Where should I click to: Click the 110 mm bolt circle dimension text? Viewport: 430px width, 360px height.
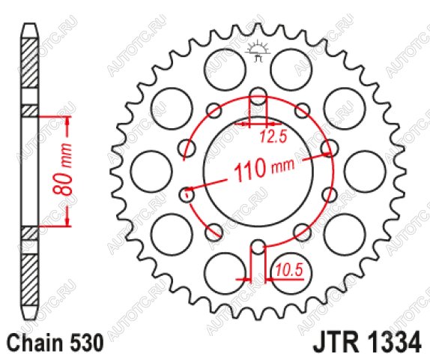(265, 169)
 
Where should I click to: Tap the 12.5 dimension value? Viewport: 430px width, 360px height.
(273, 136)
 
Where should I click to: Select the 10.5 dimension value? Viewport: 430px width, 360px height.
(290, 269)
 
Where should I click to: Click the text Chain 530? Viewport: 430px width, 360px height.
(55, 343)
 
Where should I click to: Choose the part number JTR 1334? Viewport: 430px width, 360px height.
(367, 343)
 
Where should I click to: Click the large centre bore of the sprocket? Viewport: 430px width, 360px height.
(258, 172)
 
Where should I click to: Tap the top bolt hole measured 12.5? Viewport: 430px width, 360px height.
(258, 96)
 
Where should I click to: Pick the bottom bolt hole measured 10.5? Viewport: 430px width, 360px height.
(258, 247)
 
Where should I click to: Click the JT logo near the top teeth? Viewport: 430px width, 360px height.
(258, 51)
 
